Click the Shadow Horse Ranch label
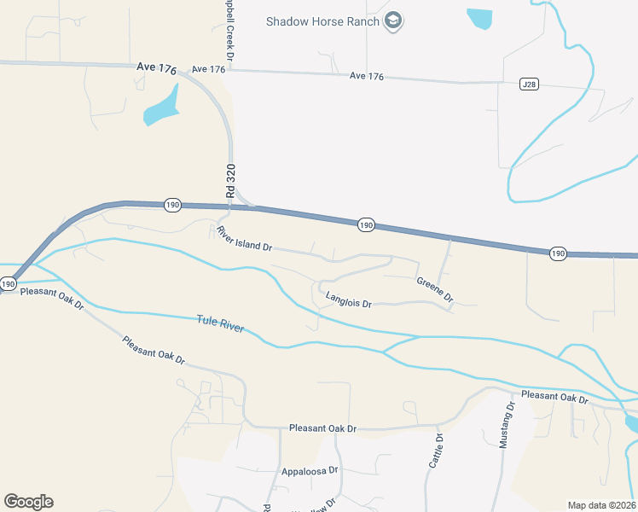[321, 20]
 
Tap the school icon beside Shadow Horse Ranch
[393, 20]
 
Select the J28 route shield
[528, 84]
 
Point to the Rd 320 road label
[230, 181]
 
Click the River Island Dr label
[244, 239]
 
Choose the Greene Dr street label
[434, 290]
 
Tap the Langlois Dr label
[349, 300]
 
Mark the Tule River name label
[220, 324]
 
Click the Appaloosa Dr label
[310, 470]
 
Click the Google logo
[28, 502]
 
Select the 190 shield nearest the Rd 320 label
[172, 205]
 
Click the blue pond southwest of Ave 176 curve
[160, 108]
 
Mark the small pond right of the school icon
[479, 17]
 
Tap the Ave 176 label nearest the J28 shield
[367, 77]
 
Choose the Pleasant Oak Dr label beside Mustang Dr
[555, 398]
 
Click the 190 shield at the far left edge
[9, 283]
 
